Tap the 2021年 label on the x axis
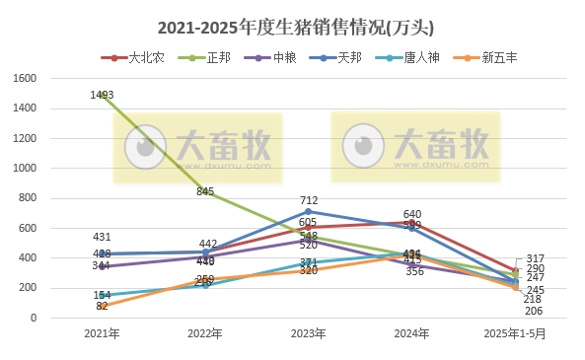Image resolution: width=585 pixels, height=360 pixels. (102, 334)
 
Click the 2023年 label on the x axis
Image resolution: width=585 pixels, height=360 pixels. (309, 334)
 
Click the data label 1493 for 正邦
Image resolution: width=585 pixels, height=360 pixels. (102, 95)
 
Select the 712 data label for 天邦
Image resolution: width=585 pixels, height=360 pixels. (309, 200)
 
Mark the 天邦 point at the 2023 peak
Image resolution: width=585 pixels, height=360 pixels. (309, 211)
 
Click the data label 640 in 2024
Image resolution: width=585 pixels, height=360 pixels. (412, 214)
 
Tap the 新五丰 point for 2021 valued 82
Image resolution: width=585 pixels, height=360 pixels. (102, 306)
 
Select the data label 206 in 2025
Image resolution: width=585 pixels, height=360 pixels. (534, 311)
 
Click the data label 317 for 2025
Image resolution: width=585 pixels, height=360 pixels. (536, 258)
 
